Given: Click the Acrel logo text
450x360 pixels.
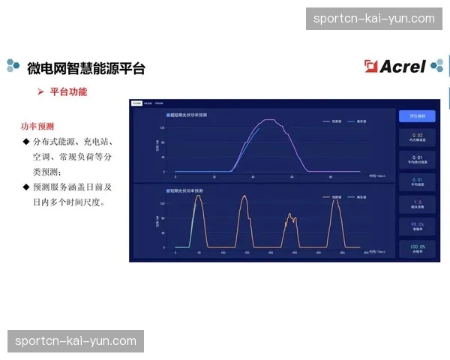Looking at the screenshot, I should pyautogui.click(x=403, y=67).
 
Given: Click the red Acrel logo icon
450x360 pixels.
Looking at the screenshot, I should pyautogui.click(x=371, y=67).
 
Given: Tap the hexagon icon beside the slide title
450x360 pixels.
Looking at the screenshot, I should pyautogui.click(x=13, y=67).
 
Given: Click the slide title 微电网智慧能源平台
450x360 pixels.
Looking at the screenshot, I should pyautogui.click(x=86, y=68).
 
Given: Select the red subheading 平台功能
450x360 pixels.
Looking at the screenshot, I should pyautogui.click(x=68, y=91).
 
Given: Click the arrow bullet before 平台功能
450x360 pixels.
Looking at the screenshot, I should pyautogui.click(x=42, y=91).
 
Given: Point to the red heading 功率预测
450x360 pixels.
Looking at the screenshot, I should pyautogui.click(x=37, y=126).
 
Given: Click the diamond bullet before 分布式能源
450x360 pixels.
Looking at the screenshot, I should pyautogui.click(x=26, y=142).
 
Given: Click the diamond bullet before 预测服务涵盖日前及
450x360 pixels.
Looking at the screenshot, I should pyautogui.click(x=26, y=187).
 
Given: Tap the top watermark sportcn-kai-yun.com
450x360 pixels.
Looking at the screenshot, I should pyautogui.click(x=374, y=18).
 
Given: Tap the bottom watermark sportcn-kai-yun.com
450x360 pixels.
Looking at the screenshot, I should pyautogui.click(x=76, y=341).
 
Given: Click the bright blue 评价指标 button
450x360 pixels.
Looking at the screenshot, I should pyautogui.click(x=417, y=116).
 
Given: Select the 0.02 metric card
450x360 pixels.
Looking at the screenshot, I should pyautogui.click(x=417, y=138).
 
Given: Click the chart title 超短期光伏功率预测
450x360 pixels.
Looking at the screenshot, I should pyautogui.click(x=187, y=115).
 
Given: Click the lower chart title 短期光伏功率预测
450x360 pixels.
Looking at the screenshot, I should pyautogui.click(x=185, y=190).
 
